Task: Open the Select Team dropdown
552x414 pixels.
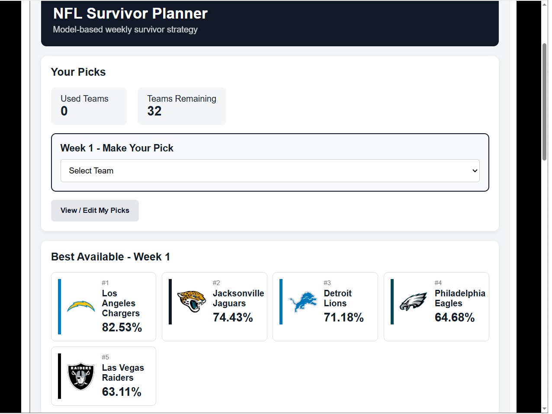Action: (270, 171)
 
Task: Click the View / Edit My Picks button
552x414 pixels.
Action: (95, 211)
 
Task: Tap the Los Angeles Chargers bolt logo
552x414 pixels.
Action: (81, 306)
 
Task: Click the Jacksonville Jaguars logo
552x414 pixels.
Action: (192, 302)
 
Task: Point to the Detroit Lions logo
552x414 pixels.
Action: (302, 302)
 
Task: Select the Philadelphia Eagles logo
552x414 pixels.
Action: (413, 302)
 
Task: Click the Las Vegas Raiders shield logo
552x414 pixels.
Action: (81, 376)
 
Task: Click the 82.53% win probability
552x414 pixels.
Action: (122, 327)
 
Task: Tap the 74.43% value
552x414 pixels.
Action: (233, 317)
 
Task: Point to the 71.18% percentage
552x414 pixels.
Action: (343, 317)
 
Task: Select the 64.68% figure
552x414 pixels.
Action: (455, 317)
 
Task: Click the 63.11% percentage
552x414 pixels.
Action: (122, 392)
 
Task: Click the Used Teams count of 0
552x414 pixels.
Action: (64, 111)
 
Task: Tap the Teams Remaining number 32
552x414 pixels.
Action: (154, 111)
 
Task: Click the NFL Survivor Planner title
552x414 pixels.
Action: (130, 13)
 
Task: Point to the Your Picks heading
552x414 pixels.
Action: (78, 72)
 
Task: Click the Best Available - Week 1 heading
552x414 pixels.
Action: (110, 257)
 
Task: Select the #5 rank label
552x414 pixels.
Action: (106, 357)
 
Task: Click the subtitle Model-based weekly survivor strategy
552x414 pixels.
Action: (125, 29)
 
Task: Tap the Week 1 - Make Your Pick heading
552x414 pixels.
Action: (117, 148)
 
